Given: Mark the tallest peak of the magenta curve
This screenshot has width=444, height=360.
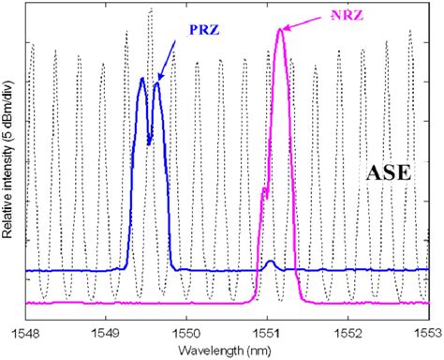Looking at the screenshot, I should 280,30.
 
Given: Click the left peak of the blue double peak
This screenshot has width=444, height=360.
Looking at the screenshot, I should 141,79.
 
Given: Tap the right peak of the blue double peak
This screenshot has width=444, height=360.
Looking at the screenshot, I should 156,83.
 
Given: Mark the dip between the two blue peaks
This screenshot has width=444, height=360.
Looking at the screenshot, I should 149,142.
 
